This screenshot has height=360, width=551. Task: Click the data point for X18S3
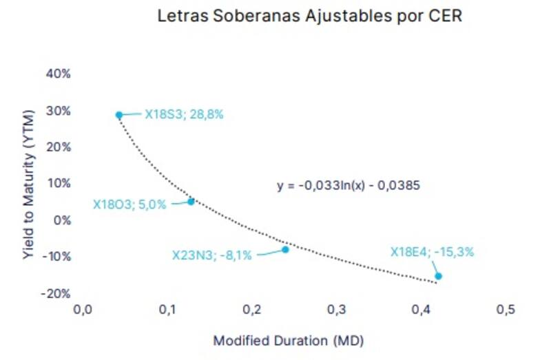tap(119, 115)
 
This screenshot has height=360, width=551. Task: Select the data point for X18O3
tap(191, 201)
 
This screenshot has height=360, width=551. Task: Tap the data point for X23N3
tap(285, 249)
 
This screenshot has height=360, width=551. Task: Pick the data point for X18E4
tap(438, 276)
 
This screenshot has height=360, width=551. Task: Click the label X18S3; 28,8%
tap(184, 115)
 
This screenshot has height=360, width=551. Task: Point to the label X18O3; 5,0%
tap(129, 204)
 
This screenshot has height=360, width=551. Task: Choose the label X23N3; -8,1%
tap(211, 255)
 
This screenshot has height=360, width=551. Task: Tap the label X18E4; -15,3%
tap(433, 252)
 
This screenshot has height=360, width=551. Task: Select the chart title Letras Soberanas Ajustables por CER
tap(309, 16)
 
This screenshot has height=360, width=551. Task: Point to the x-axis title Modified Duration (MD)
tap(288, 341)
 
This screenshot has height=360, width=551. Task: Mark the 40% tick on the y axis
tap(59, 74)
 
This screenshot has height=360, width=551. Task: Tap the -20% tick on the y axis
tap(56, 293)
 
